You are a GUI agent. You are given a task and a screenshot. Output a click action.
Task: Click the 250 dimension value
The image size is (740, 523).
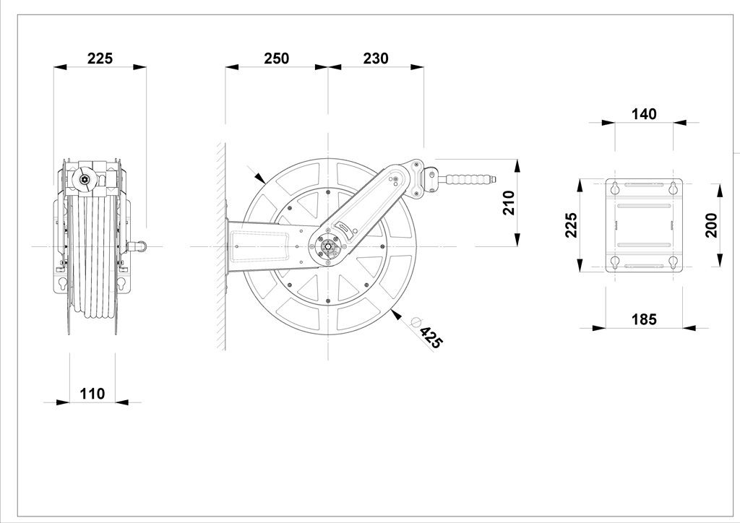click(276, 59)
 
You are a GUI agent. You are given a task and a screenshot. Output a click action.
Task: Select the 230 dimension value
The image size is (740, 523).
click(375, 59)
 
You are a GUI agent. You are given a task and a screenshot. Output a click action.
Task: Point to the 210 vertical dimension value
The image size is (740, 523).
click(508, 204)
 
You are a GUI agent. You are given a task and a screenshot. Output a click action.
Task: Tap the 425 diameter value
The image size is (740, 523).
click(430, 338)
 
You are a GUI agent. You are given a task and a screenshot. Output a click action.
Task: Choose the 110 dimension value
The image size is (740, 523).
click(92, 394)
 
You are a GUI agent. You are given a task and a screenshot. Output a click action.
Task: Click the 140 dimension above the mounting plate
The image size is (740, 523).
click(644, 114)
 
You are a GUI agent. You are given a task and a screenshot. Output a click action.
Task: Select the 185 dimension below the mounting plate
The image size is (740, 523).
click(643, 319)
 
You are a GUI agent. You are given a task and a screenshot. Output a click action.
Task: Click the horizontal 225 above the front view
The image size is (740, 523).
click(100, 59)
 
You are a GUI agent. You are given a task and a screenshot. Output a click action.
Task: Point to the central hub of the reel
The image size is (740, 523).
click(328, 247)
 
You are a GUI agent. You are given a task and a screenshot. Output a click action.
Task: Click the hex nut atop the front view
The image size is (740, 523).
click(87, 179)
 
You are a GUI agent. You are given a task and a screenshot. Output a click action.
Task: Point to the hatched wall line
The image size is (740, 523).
click(219, 246)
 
